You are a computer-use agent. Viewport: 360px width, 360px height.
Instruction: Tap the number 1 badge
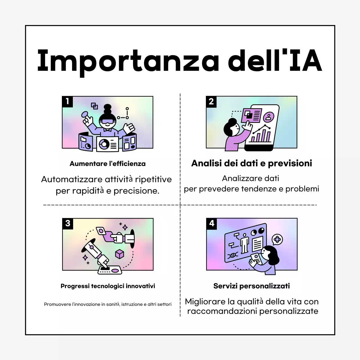pos(67,102)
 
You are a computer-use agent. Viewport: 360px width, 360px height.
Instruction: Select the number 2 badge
pos(211,102)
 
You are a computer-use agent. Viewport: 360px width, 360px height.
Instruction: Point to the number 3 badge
pos(68,224)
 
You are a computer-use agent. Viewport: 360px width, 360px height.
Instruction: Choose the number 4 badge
pos(211,224)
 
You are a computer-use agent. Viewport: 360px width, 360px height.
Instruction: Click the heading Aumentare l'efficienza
pos(108,164)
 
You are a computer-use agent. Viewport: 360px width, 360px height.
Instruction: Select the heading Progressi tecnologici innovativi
pos(108,286)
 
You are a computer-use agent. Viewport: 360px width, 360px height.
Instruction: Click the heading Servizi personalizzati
pos(251,286)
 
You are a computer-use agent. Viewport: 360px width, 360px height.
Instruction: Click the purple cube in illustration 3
pos(120,254)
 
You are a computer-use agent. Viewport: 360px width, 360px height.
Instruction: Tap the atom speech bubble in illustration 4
pos(277,239)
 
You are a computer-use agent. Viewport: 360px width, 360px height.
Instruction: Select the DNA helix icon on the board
pos(233,255)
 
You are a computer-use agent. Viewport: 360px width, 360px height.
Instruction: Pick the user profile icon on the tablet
pos(269,116)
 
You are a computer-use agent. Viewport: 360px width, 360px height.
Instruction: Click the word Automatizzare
pos(72,179)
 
